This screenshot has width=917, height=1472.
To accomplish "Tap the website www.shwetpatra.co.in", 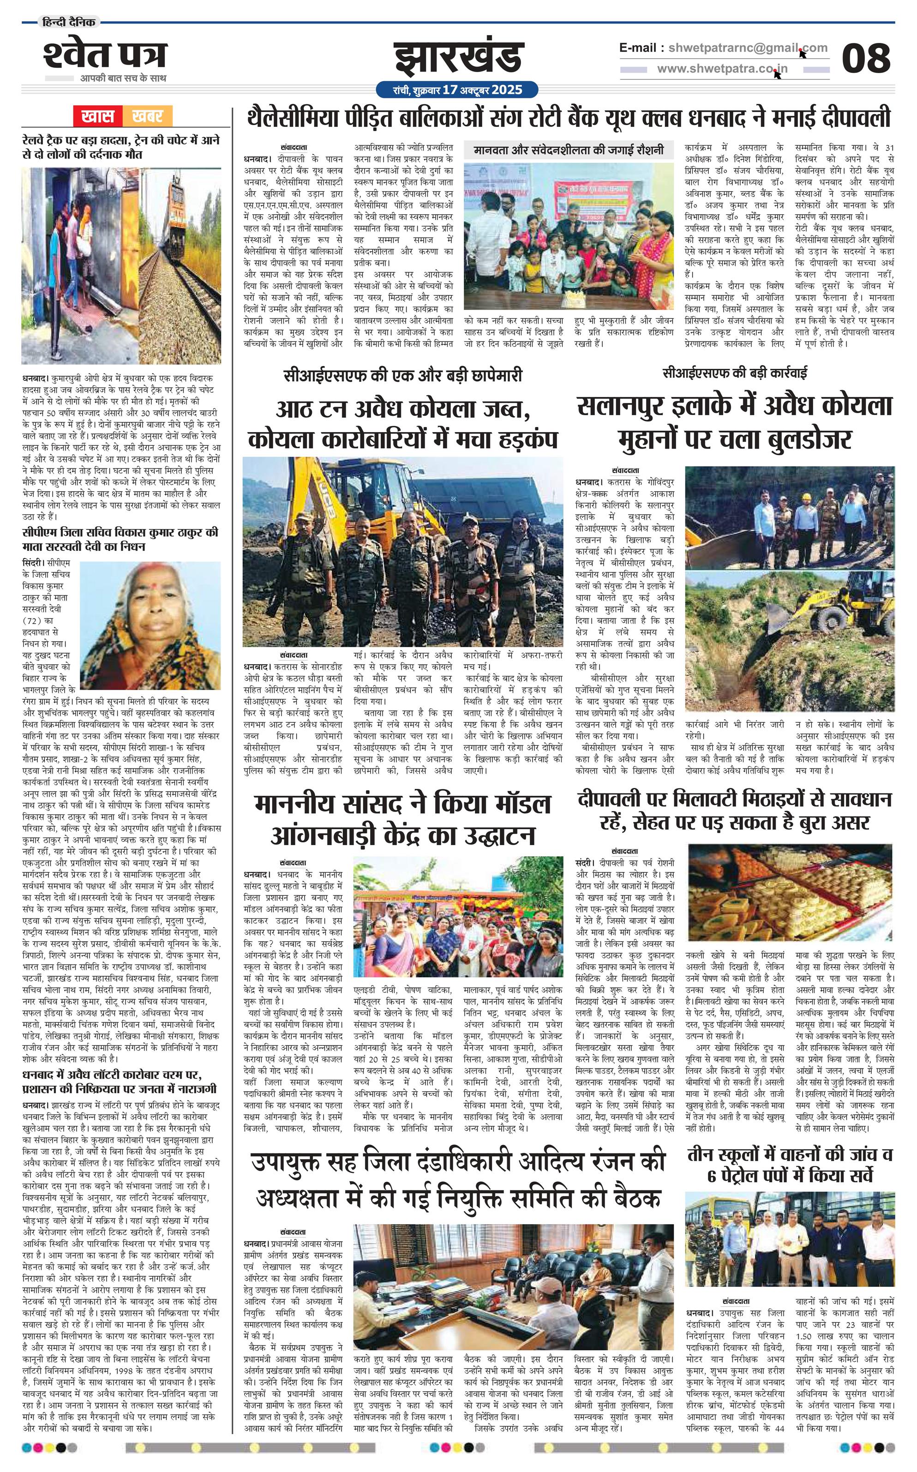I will [x=722, y=69].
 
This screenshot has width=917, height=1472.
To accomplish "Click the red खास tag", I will [x=98, y=116].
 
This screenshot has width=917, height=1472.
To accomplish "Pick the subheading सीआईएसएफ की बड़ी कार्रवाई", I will [x=734, y=373].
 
